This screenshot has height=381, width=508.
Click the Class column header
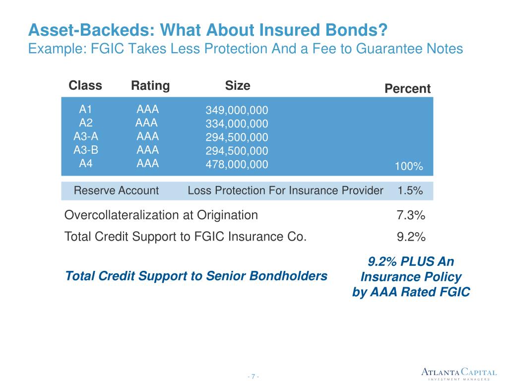85,86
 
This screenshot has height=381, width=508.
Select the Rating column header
150,86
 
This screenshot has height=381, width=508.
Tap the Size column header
238,86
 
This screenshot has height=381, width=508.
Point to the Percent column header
408,89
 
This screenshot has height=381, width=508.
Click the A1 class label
86,110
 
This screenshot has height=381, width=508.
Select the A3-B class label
86,150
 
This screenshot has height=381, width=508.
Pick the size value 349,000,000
237,110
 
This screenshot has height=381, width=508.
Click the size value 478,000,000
237,164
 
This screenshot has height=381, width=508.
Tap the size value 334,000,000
237,124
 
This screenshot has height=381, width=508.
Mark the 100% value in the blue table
409,167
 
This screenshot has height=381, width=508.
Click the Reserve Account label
116,190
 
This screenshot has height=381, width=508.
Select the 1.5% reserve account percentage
410,190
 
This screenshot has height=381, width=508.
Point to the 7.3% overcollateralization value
411,215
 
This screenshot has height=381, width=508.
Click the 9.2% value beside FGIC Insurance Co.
411,237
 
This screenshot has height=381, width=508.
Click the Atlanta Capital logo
459,373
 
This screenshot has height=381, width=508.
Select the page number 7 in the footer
253,377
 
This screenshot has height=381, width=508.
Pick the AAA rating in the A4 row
148,164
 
